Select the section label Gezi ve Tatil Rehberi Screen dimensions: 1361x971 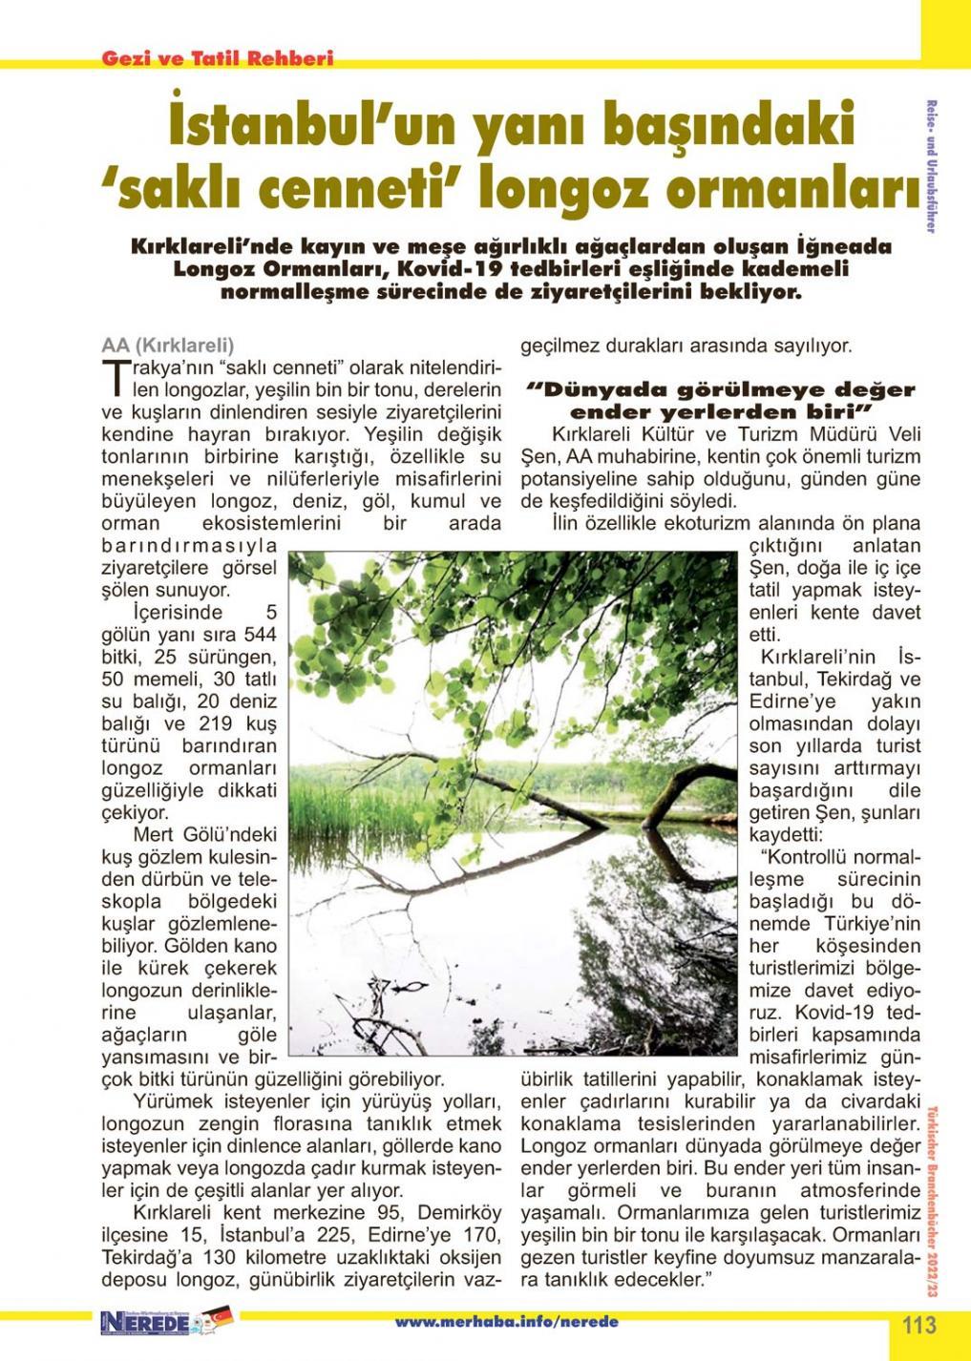click(x=218, y=58)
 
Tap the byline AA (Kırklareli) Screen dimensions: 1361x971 click(x=167, y=345)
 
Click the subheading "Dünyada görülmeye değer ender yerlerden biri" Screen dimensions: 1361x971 click(x=721, y=401)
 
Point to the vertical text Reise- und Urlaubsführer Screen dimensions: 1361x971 click(x=930, y=167)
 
